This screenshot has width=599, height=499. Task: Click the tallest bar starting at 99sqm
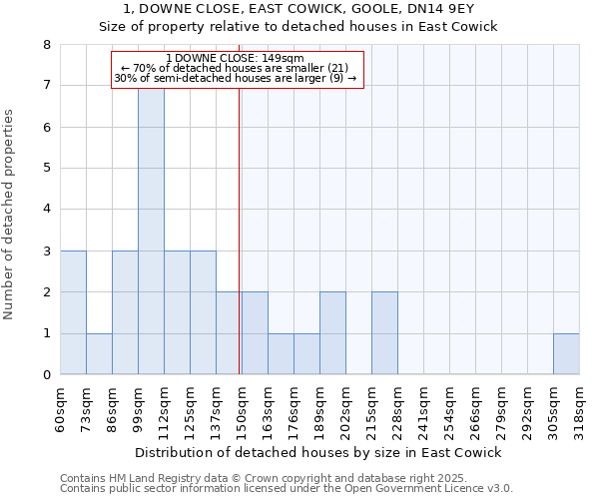click(151, 231)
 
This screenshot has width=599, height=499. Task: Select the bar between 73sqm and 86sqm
click(99, 353)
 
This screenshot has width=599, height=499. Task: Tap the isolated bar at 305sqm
click(566, 353)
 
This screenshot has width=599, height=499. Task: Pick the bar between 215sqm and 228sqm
click(384, 333)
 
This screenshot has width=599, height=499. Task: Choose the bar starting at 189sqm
click(332, 333)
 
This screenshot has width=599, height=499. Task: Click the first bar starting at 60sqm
click(73, 312)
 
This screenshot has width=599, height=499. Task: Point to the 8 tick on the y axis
click(47, 45)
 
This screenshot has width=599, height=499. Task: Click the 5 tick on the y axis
click(47, 169)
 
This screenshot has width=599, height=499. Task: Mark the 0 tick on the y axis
click(47, 375)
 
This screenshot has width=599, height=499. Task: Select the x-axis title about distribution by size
click(317, 452)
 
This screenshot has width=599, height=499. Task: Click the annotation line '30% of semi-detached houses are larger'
click(235, 78)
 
